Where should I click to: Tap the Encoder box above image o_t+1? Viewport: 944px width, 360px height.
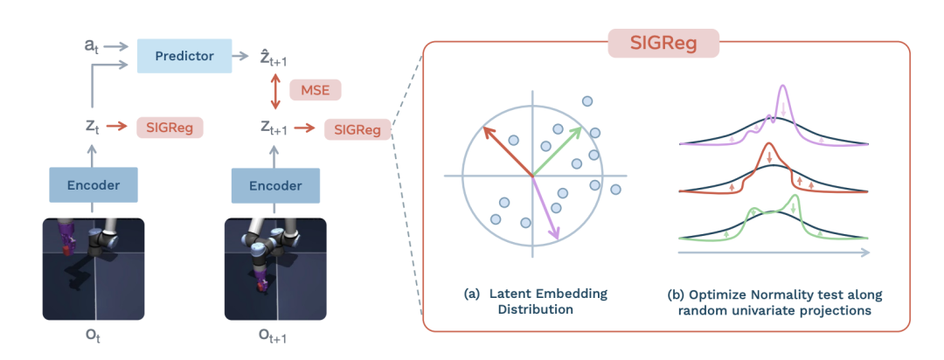pos(275,185)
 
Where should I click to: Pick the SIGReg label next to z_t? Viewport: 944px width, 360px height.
pos(170,128)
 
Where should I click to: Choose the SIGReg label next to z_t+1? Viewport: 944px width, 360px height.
pos(357,129)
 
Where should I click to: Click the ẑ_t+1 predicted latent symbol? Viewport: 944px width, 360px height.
pos(279,58)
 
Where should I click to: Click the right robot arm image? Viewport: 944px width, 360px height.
pos(275,268)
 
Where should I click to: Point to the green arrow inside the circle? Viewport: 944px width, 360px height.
pos(559,149)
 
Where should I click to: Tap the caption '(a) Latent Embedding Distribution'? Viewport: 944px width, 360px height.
pos(535,301)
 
